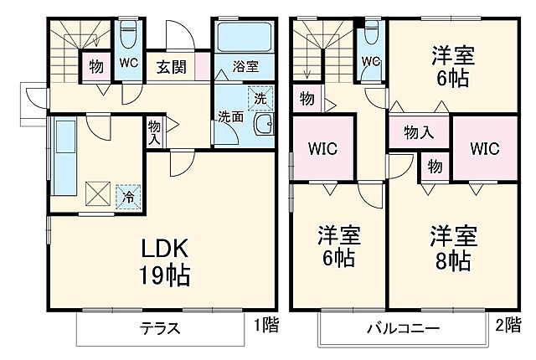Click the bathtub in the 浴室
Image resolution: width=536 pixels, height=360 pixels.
[244, 37]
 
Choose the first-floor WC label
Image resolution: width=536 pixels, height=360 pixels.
[128, 63]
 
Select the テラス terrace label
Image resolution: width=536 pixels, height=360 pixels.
[160, 327]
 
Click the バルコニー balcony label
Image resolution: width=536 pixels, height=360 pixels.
[402, 327]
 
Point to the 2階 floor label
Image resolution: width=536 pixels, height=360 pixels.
[508, 324]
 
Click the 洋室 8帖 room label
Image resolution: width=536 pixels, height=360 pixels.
[453, 246]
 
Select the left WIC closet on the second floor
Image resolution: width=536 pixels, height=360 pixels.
[322, 149]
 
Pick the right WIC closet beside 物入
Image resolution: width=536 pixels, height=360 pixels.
[483, 149]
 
